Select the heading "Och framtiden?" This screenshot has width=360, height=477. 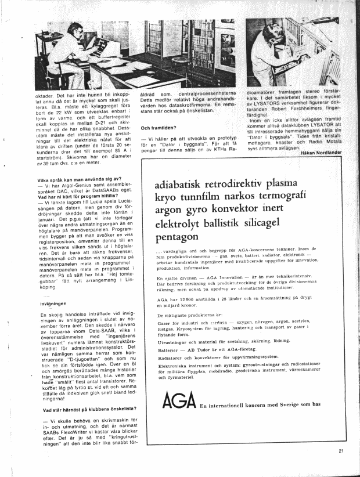click(x=158, y=128)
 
